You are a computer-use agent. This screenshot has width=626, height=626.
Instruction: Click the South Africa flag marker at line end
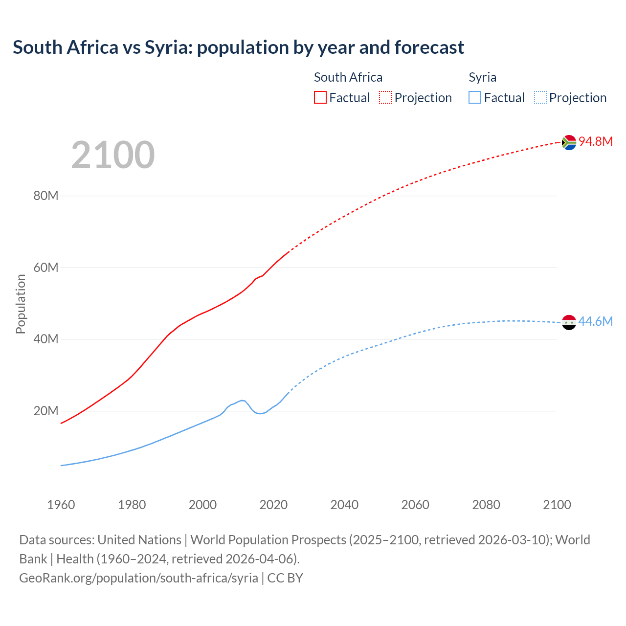pos(569,142)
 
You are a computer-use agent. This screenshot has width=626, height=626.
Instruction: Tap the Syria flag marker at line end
pos(569,322)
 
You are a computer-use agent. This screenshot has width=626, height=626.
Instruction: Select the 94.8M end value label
pos(596,141)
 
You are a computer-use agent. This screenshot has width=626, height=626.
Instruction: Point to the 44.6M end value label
pos(595,321)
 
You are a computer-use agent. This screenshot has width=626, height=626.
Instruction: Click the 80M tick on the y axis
pos(46,196)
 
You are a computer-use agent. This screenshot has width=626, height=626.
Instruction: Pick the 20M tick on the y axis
pos(46,411)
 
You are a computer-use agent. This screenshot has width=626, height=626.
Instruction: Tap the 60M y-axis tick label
pos(46,268)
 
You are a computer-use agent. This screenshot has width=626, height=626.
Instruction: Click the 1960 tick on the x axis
pos(61,505)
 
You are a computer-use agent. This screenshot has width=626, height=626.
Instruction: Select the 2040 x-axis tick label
pos(344,505)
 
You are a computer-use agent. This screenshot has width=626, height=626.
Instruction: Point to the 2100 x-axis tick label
pos(557,505)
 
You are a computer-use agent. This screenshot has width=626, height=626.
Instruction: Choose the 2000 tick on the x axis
pos(202,505)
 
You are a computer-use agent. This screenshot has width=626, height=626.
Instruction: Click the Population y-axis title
pos(21,304)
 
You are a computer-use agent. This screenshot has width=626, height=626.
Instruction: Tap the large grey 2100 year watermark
pos(113,155)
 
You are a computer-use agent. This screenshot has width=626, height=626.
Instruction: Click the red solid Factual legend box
pos(320,98)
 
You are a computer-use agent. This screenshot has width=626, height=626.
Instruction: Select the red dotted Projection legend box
pos(385,98)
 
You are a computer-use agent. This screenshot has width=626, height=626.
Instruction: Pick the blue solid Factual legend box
pos(475,98)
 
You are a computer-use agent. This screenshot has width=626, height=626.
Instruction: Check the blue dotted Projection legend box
pos(540,98)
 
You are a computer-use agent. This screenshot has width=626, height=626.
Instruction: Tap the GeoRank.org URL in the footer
pos(138,578)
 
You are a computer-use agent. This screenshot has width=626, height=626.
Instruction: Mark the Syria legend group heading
pos(482,77)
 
